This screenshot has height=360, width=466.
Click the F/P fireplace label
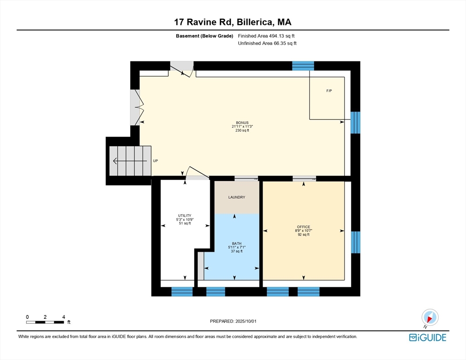329,91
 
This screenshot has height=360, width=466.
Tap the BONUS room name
242,123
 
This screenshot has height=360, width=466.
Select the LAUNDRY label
237,197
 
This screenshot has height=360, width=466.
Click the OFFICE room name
303,227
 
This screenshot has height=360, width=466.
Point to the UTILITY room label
185,216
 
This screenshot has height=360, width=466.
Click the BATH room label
237,244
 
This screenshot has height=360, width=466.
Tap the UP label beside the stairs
156,161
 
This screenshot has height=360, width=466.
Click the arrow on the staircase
130,161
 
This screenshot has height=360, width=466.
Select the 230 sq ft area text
242,130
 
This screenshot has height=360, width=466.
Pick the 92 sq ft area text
303,234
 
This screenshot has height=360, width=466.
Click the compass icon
430,317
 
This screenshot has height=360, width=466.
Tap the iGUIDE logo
428,337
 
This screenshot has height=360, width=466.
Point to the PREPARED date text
233,322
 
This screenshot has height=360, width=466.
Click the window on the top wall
303,66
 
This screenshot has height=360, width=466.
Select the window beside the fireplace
355,122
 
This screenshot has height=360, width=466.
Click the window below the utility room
182,292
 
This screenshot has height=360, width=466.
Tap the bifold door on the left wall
137,107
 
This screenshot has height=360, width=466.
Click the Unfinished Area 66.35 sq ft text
267,44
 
